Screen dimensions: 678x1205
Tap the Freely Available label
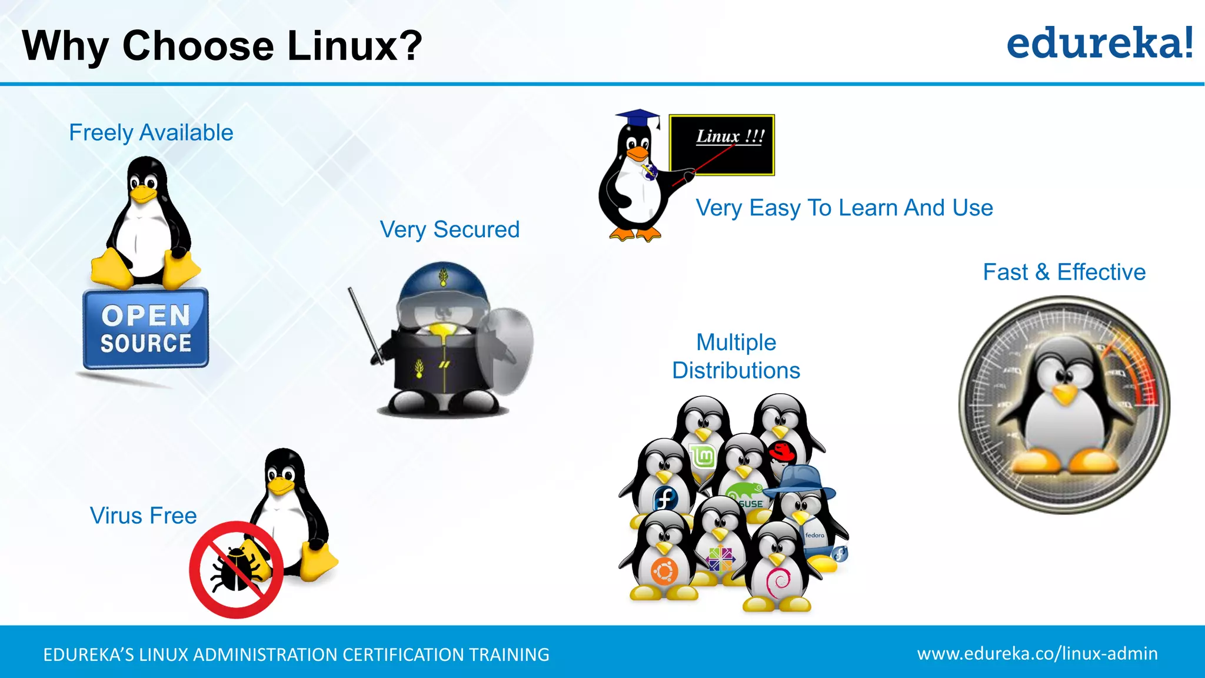click(151, 132)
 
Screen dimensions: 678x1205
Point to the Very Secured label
click(450, 229)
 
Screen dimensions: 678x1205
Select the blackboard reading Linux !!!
click(723, 145)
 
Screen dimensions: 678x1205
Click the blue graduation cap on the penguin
click(638, 117)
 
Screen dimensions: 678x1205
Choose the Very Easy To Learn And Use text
click(844, 208)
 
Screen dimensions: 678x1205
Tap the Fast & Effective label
click(1064, 272)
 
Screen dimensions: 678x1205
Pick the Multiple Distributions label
click(736, 356)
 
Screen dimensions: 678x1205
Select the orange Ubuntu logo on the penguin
click(664, 570)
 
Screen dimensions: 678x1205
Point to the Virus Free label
click(143, 516)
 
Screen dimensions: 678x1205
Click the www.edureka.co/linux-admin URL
click(1037, 653)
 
